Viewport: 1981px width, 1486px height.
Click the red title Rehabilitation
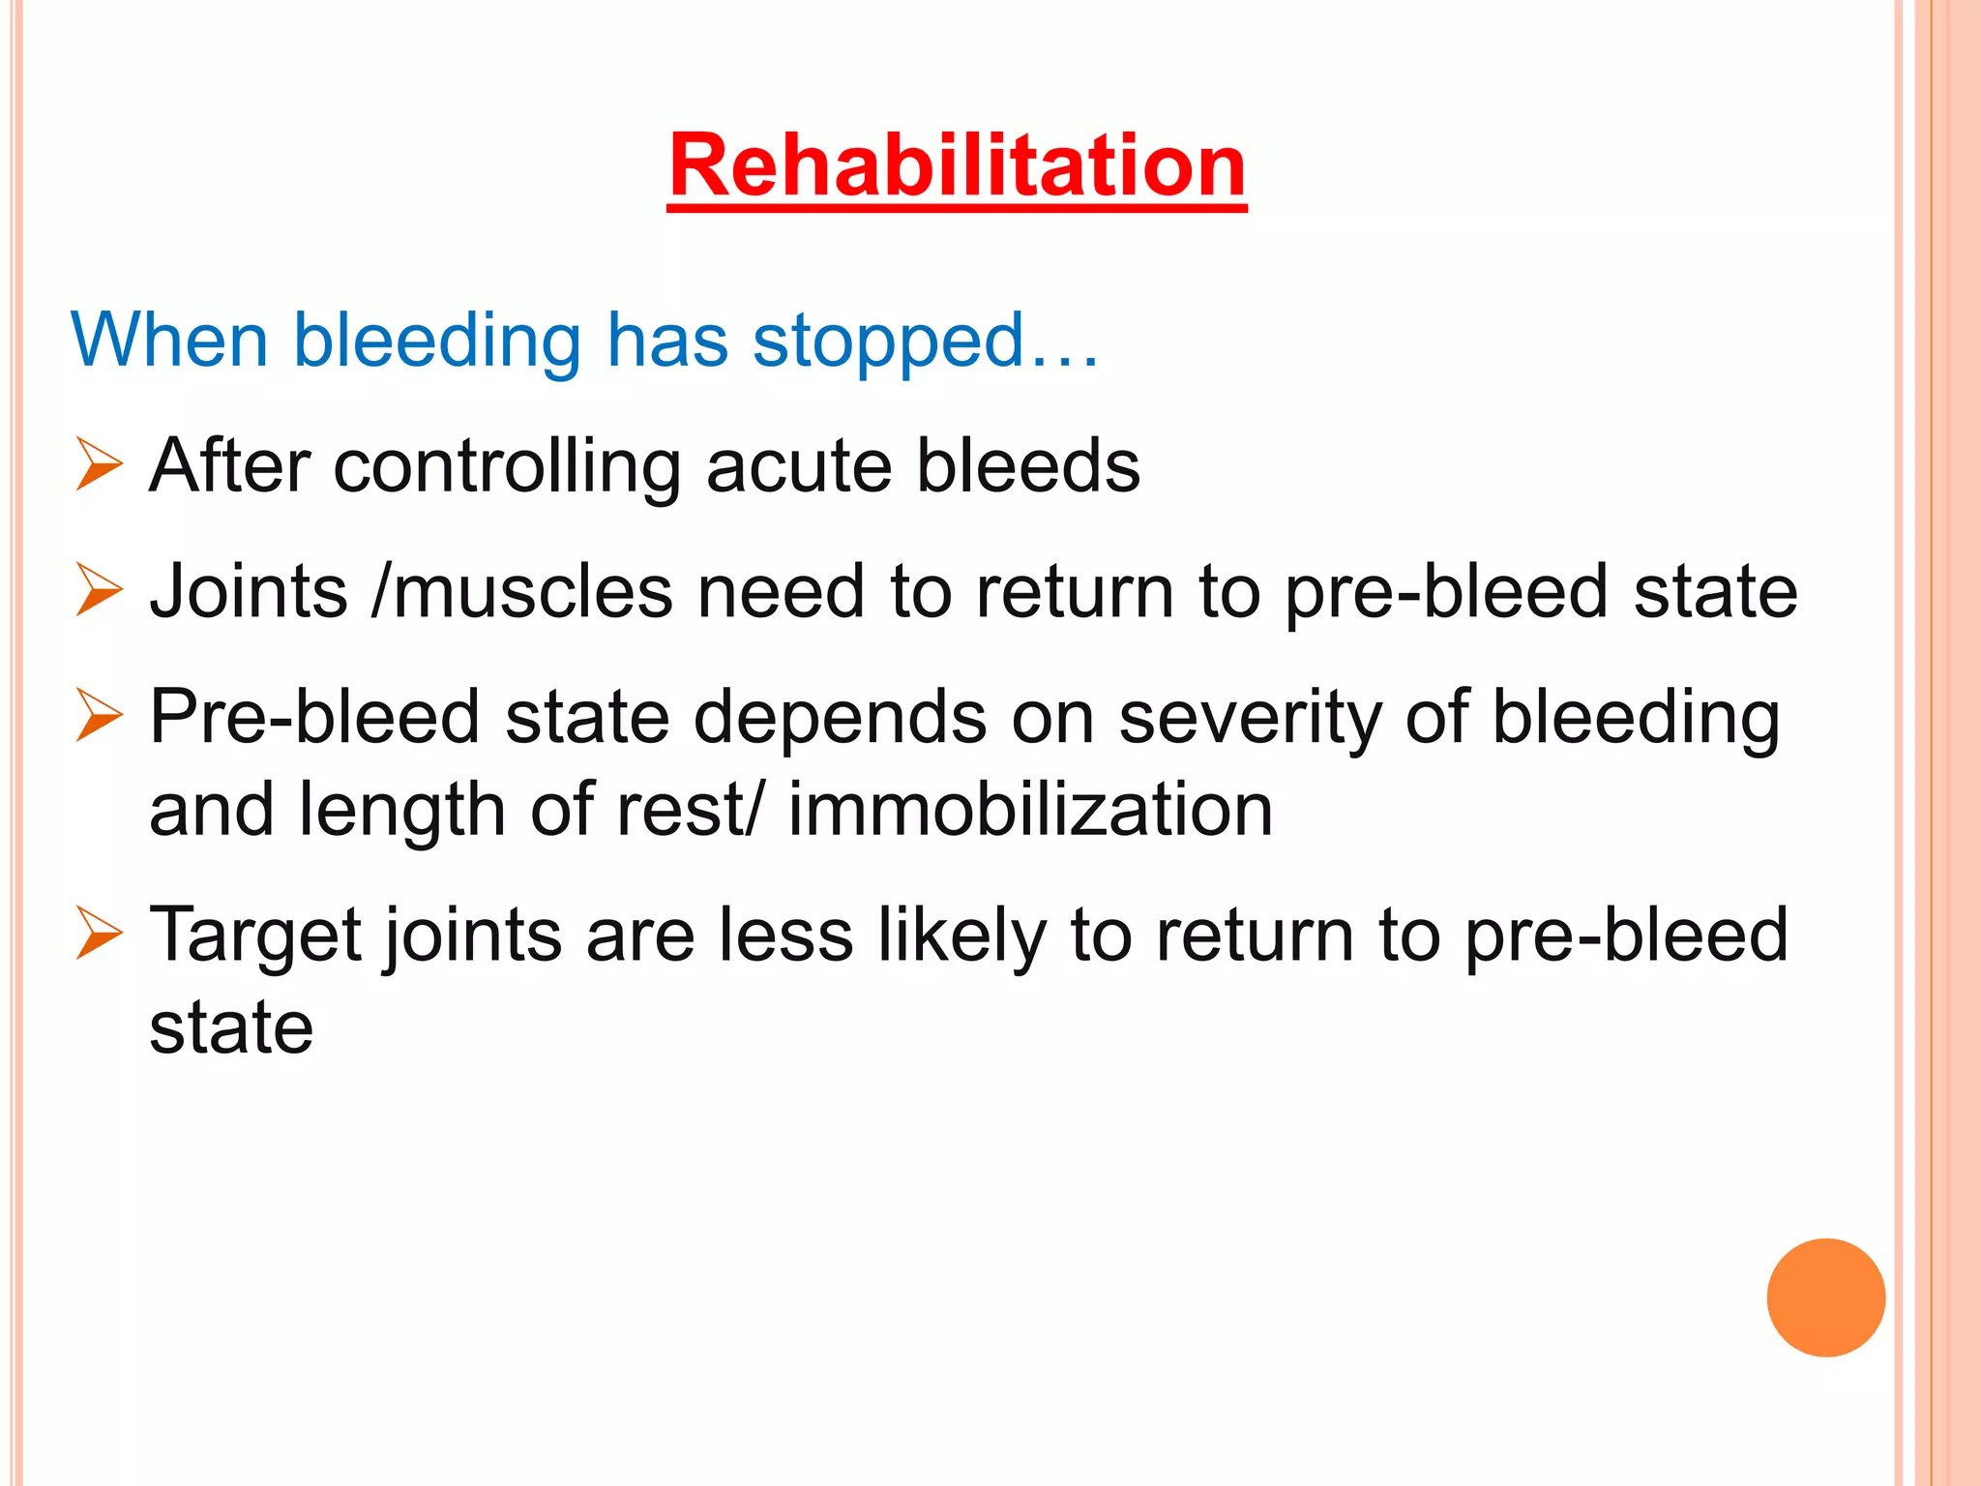(957, 166)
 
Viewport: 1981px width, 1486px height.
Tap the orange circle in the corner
(1825, 1297)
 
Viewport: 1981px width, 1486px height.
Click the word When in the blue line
(169, 341)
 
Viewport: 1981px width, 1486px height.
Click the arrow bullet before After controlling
(99, 464)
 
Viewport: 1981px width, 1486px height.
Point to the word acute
(799, 466)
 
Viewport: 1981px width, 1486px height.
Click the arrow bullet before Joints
(99, 590)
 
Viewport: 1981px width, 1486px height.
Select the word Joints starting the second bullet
(249, 591)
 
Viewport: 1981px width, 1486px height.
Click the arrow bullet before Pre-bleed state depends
(99, 716)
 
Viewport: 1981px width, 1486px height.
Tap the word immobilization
(1030, 810)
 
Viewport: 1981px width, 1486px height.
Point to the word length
(401, 810)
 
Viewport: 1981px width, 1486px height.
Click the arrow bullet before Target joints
(99, 934)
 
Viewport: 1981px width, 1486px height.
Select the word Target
(256, 936)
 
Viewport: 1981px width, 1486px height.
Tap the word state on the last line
(231, 1027)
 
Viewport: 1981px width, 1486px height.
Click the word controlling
(507, 466)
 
